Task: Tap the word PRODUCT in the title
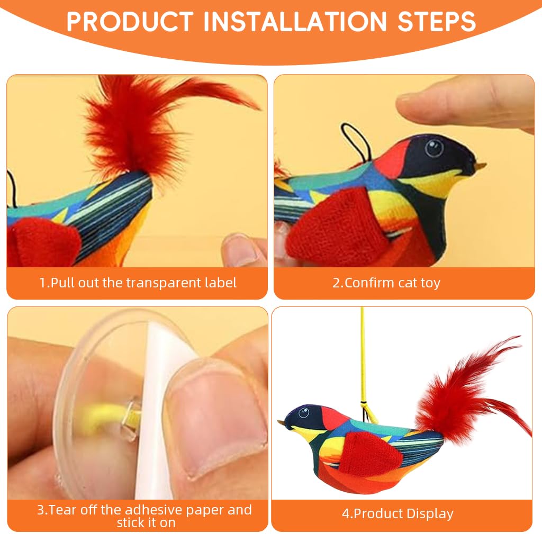tap(130, 22)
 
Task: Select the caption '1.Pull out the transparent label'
tap(138, 283)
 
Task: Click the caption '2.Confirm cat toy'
tap(386, 283)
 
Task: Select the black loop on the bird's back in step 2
tap(351, 139)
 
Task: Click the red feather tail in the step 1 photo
tap(132, 122)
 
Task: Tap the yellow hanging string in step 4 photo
tap(363, 360)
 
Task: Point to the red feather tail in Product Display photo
tap(466, 392)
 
